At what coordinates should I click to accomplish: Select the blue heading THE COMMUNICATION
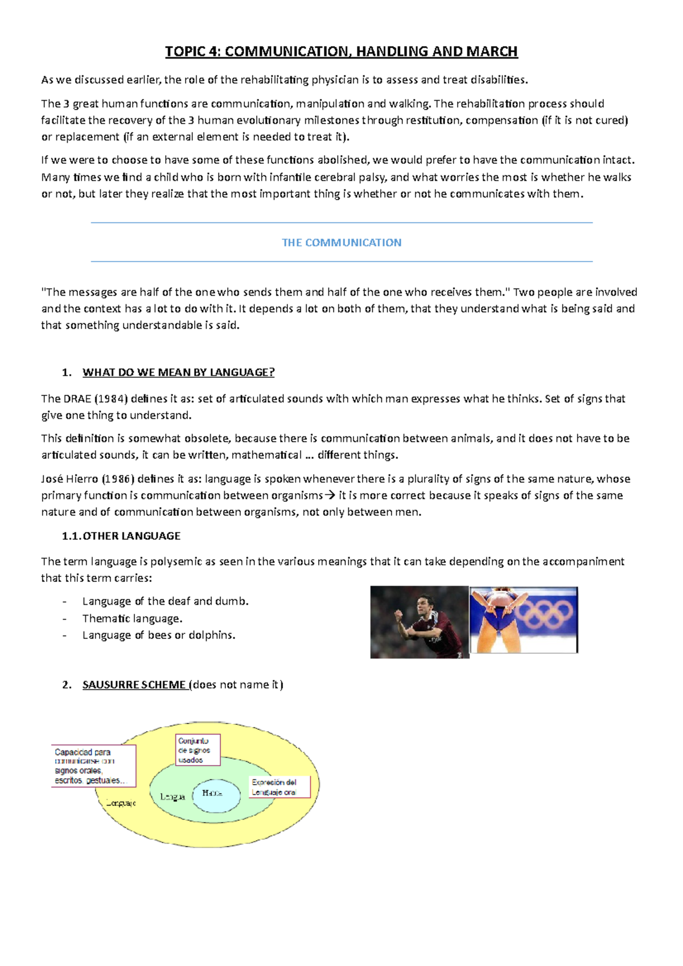coord(341,243)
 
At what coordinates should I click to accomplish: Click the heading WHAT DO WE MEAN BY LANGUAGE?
coord(178,373)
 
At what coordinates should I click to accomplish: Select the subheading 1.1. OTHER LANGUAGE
coord(121,536)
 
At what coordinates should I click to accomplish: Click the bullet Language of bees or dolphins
coord(159,635)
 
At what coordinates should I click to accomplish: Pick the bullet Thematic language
coord(132,618)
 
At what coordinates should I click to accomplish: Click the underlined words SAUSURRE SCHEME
coord(134,685)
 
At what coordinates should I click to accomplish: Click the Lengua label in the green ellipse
coord(172,797)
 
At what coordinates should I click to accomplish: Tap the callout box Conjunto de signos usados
coord(197,750)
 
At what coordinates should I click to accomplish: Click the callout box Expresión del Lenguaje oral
coord(279,787)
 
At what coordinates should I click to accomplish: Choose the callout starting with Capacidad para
coord(93,766)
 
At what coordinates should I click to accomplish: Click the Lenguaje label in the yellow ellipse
coord(121,803)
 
